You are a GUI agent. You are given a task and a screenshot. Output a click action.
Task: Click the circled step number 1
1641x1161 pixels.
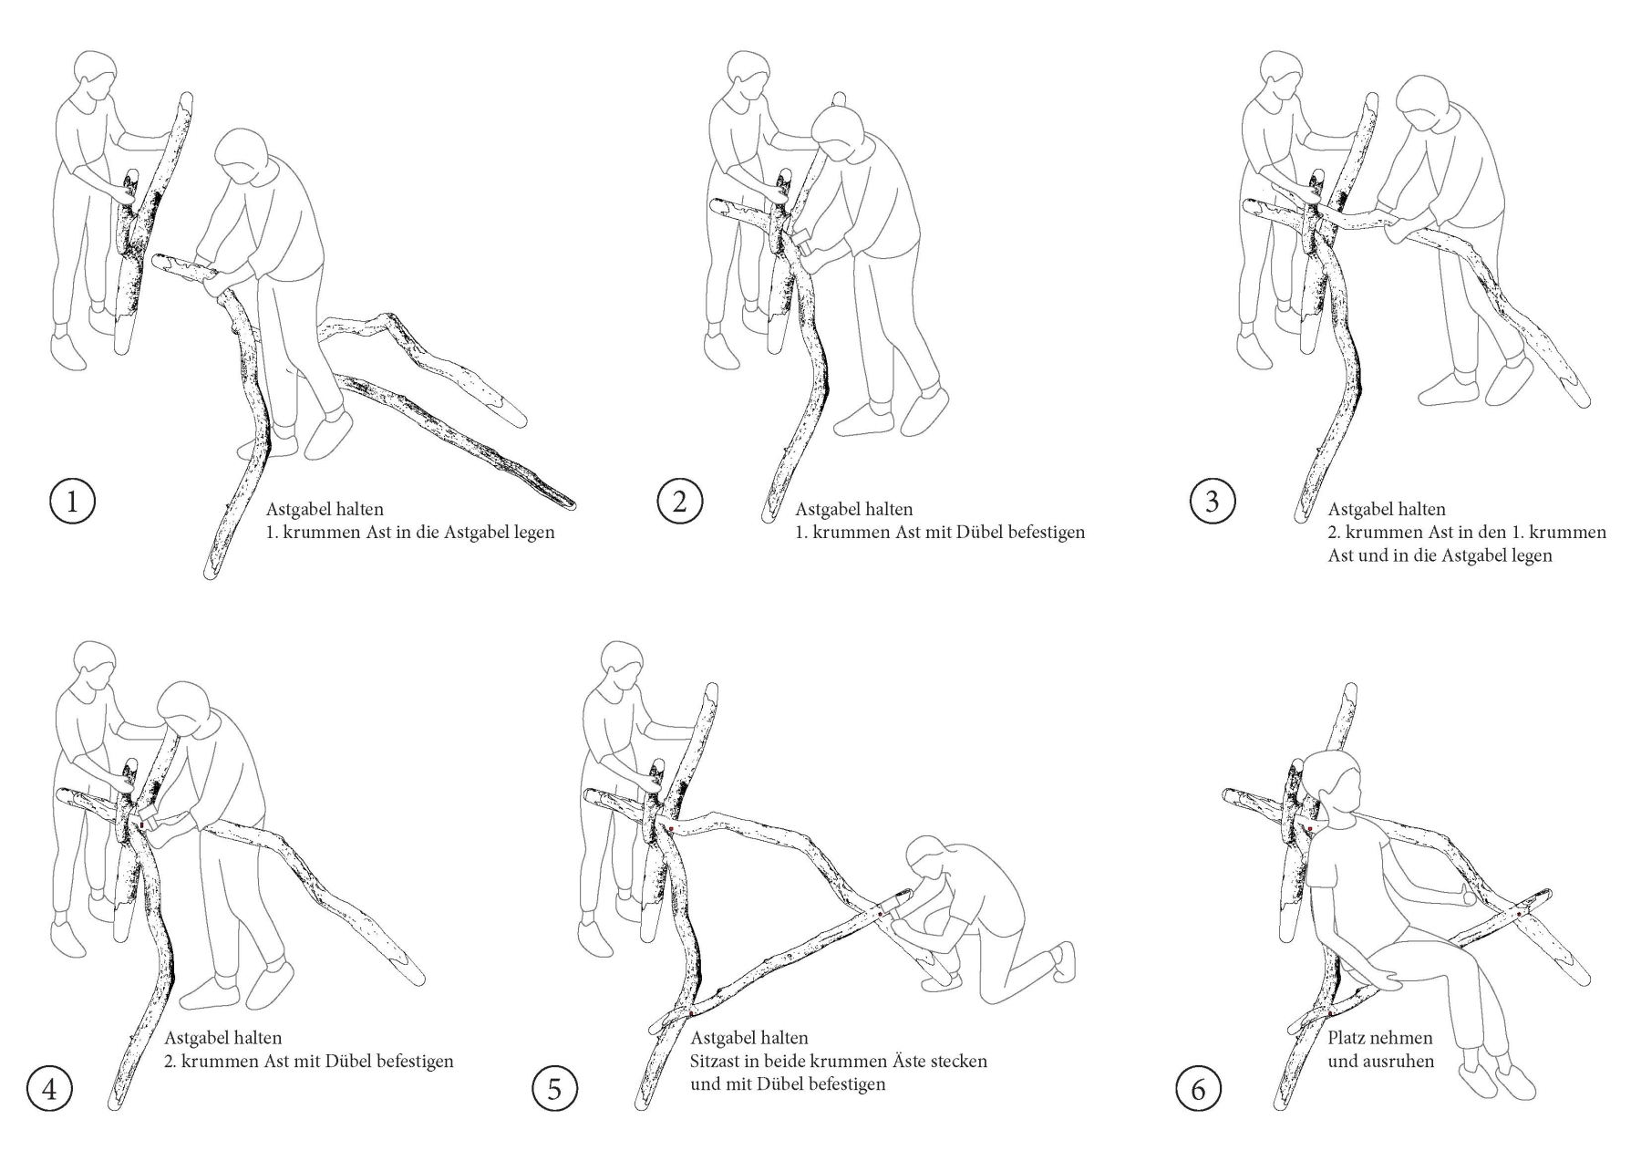click(x=72, y=502)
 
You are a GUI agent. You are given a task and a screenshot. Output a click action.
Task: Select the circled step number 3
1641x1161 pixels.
click(x=1213, y=502)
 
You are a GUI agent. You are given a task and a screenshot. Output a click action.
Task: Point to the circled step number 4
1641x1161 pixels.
click(x=49, y=1089)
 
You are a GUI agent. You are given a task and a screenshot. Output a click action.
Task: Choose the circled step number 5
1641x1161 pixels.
click(x=555, y=1089)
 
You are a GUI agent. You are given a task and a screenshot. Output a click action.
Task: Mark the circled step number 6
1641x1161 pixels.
click(x=1199, y=1089)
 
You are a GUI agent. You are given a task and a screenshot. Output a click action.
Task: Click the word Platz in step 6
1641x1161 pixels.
click(x=1348, y=1038)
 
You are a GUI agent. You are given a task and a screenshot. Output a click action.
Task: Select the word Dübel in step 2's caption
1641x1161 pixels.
click(x=979, y=532)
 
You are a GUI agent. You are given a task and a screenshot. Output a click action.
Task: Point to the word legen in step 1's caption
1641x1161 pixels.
click(x=532, y=533)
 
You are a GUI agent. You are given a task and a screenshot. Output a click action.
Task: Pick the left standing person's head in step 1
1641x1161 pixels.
click(x=94, y=78)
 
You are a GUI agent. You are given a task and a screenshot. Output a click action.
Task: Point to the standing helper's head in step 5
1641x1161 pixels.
click(x=622, y=669)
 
